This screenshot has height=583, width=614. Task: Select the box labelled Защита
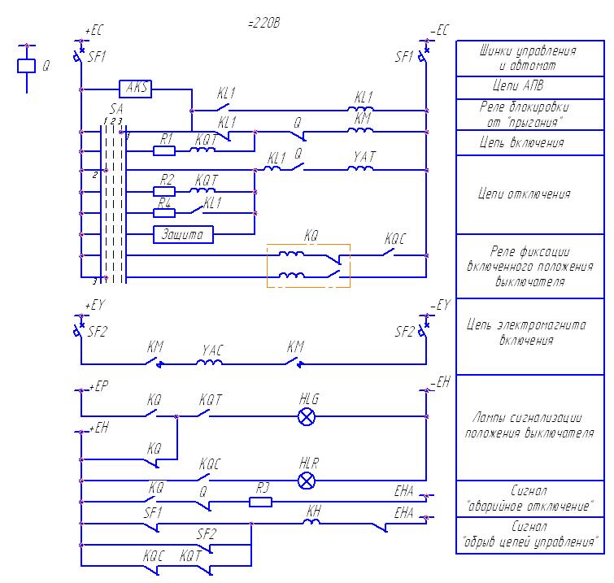(x=183, y=235)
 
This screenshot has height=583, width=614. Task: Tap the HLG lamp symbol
(x=307, y=416)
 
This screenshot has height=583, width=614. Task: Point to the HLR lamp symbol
(x=307, y=479)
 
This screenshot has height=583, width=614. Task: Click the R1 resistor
(x=164, y=150)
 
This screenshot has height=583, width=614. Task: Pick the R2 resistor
(x=164, y=191)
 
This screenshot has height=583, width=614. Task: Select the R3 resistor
(x=260, y=502)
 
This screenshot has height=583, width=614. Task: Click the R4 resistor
(x=164, y=213)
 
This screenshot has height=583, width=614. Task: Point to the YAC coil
(x=213, y=363)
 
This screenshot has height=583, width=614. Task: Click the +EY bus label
(x=94, y=306)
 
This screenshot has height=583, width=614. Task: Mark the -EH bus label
(x=440, y=382)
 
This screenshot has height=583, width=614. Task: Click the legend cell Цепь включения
(x=525, y=143)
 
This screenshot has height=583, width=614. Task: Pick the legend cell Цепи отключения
(x=525, y=194)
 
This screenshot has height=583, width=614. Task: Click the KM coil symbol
(x=362, y=128)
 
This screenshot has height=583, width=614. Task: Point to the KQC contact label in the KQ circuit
(x=396, y=240)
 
